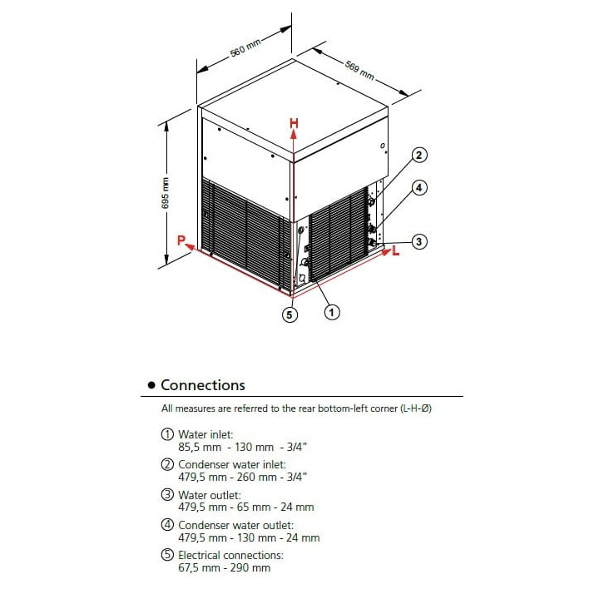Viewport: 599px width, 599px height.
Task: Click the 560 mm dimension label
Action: (x=246, y=50)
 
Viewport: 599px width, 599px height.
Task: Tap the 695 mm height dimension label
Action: (x=165, y=194)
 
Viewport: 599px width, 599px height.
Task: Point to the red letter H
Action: (x=294, y=123)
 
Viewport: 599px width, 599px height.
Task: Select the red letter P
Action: (x=180, y=240)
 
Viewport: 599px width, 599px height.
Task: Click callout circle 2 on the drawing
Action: (x=419, y=155)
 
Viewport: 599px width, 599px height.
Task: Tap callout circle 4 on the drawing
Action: (x=419, y=188)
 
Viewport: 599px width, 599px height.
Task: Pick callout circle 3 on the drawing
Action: (x=419, y=242)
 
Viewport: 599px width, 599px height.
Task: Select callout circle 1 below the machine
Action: (x=332, y=313)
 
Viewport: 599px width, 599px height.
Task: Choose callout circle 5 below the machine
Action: (x=290, y=314)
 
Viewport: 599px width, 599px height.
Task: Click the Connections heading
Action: (x=203, y=385)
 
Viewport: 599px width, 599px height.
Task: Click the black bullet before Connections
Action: (x=151, y=386)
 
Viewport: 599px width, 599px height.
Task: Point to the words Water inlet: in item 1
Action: (x=205, y=434)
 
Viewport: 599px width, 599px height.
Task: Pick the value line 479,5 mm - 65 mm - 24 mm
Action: (x=240, y=507)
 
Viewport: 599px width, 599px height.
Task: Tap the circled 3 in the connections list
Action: (x=166, y=495)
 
